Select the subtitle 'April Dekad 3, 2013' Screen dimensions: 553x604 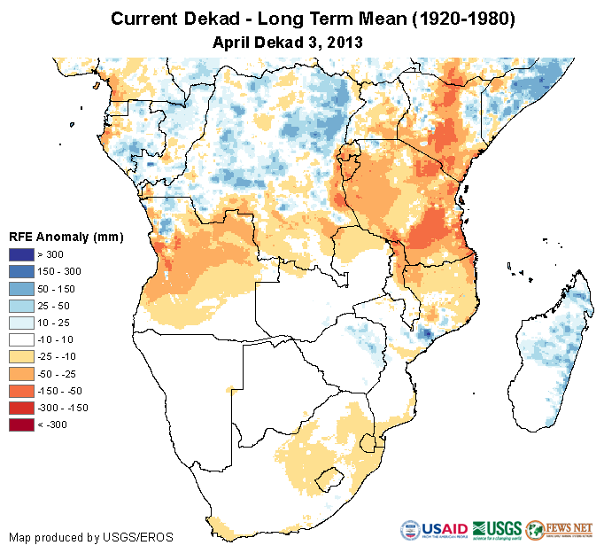(288, 42)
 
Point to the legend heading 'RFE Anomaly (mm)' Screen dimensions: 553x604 (66, 237)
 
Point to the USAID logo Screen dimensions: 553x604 (435, 529)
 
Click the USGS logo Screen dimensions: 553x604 (498, 529)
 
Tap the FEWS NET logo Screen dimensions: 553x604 (560, 529)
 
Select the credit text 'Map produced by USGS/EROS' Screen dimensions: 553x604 (91, 537)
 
